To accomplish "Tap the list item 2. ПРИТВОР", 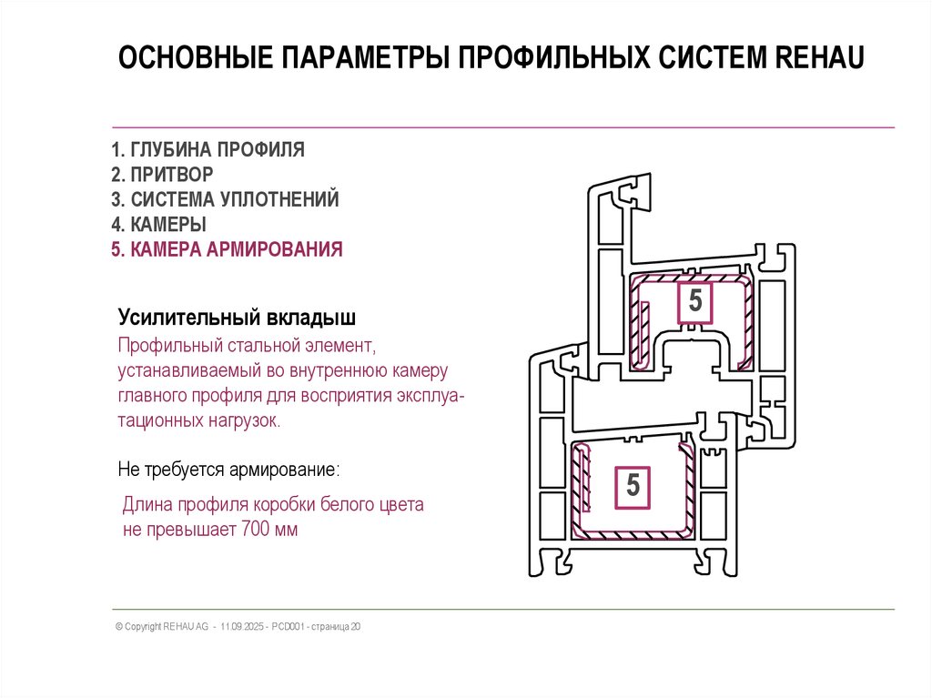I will pos(163,174).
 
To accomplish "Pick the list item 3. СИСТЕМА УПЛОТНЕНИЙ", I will pos(225,198).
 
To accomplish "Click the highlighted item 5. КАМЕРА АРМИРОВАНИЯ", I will pos(227,249).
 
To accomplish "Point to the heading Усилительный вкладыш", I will pos(237,319).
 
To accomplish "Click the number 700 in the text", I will pos(257,530).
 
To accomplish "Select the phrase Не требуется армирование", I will pos(228,470).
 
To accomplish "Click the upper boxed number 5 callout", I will pos(695,301).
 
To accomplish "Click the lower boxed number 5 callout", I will pos(633,486).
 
